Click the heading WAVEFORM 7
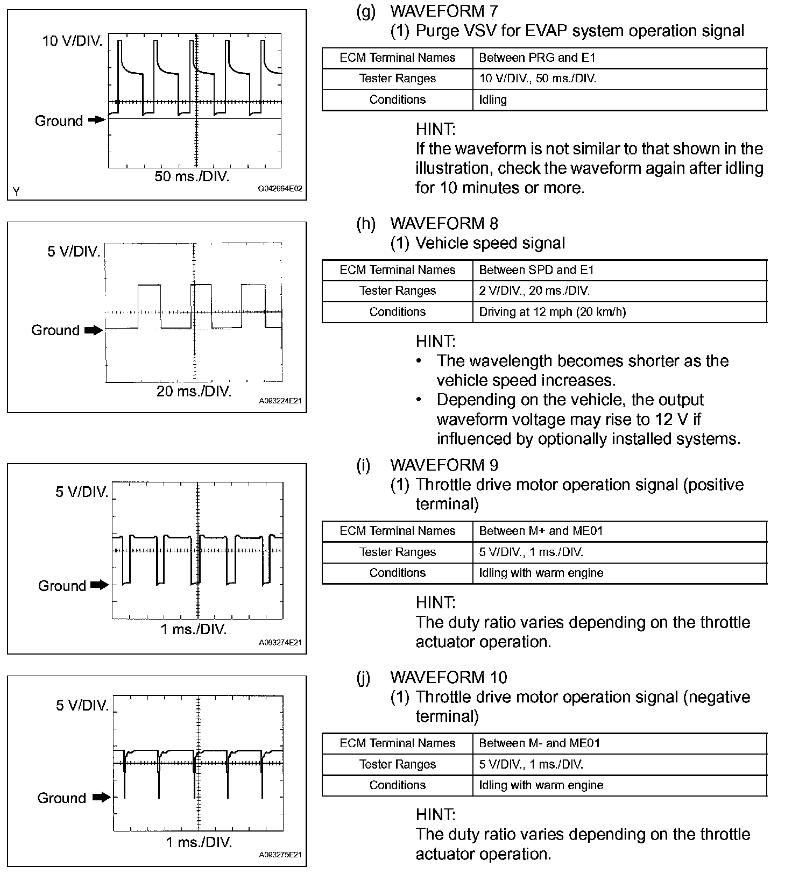(444, 11)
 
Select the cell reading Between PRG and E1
(537, 58)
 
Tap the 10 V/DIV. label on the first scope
(73, 41)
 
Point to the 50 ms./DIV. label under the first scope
(192, 176)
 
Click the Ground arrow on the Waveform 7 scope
(97, 120)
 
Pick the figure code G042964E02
(280, 189)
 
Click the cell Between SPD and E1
(536, 270)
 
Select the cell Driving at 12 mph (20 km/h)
(552, 312)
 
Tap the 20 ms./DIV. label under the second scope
(194, 391)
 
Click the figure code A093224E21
(280, 401)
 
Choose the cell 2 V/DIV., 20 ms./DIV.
(534, 291)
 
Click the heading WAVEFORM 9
(444, 465)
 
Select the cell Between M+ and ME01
(541, 531)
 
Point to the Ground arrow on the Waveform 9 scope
(100, 585)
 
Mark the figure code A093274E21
(280, 643)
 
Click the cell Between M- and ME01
(539, 743)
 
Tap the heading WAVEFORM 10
(448, 678)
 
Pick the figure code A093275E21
(280, 855)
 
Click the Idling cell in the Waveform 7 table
(493, 100)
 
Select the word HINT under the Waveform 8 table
(435, 342)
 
